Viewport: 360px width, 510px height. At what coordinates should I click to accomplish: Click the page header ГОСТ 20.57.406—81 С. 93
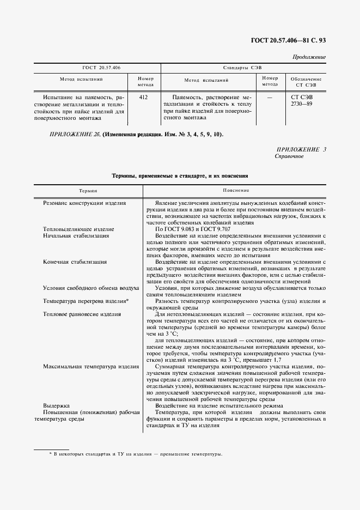coord(288,40)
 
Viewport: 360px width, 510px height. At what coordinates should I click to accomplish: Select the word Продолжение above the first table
coord(309,57)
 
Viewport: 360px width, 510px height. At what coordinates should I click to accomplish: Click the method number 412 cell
coord(144,96)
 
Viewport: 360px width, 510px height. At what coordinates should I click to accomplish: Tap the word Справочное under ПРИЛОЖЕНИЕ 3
coord(289,156)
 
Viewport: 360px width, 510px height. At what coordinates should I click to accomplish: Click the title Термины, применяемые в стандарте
coord(180,176)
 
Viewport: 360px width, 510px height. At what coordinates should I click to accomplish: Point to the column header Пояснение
coord(236,191)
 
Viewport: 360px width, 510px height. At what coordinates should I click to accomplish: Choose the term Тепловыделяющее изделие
coord(78,229)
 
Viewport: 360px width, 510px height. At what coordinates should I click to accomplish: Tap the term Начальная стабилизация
coord(76,235)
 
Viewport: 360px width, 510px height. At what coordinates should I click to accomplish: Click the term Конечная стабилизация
coord(75,262)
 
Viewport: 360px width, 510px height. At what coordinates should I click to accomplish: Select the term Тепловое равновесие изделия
coord(82,314)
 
